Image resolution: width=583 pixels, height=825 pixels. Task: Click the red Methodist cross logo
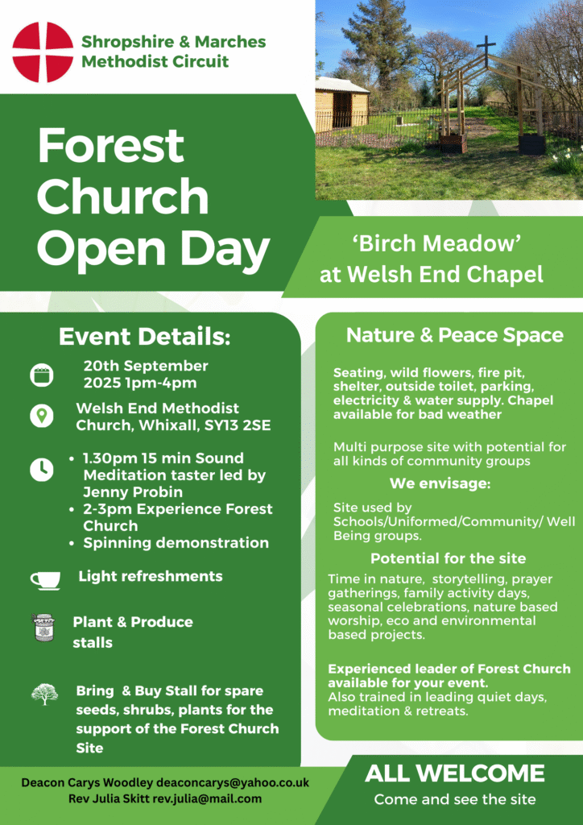(43, 52)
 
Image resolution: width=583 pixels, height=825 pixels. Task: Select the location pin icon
(41, 416)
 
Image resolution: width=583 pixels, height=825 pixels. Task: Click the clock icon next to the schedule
(42, 470)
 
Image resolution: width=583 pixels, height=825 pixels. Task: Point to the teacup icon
(45, 580)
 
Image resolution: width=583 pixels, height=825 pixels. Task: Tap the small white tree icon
(44, 694)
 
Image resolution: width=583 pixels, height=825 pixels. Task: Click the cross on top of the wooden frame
(486, 51)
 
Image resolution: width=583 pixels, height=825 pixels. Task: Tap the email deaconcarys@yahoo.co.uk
(233, 782)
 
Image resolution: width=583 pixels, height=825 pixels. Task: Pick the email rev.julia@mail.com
(207, 798)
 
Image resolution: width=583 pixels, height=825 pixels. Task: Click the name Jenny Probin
(133, 492)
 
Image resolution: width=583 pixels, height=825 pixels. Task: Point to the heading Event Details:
(145, 338)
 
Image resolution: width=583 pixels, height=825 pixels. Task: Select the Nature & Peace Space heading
(455, 335)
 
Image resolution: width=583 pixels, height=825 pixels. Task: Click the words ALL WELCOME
(455, 773)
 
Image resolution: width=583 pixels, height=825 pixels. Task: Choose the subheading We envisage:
(440, 483)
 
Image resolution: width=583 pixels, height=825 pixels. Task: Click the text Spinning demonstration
(176, 543)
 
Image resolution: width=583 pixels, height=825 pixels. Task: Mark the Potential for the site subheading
(449, 558)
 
